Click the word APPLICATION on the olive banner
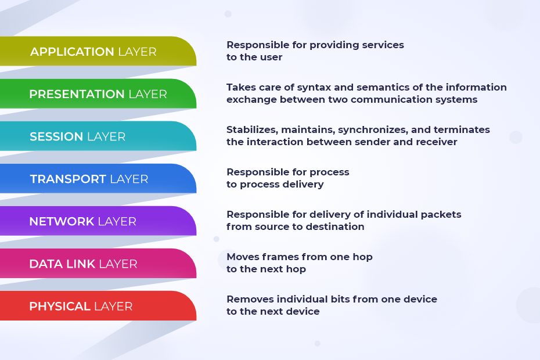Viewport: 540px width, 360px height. [72, 52]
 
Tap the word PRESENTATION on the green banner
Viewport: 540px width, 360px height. [77, 94]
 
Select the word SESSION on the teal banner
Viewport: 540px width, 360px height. [56, 136]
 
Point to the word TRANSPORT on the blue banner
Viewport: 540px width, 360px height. [68, 179]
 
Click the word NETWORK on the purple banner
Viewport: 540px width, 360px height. [62, 221]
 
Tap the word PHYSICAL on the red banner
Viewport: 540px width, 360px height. [60, 306]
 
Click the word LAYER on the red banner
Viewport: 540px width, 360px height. [113, 306]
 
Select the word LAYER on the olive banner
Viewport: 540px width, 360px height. [137, 52]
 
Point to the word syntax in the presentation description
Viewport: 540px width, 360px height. [314, 88]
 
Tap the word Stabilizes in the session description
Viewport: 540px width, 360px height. [253, 129]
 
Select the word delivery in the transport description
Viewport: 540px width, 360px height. [303, 184]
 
